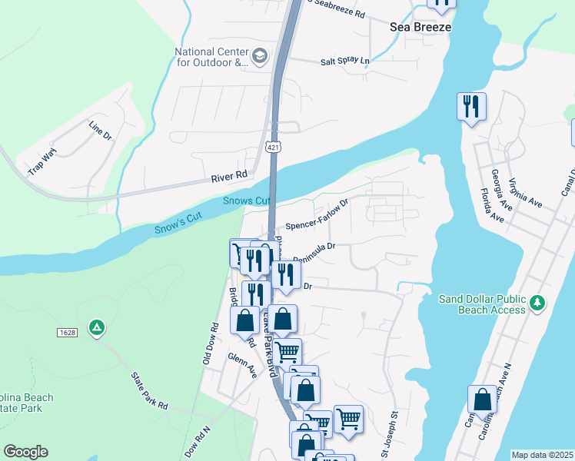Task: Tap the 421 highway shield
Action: [x=274, y=146]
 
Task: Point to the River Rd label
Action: [x=229, y=176]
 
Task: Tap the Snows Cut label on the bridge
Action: [x=247, y=201]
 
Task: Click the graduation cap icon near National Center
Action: [x=260, y=55]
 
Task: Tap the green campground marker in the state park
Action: [x=97, y=328]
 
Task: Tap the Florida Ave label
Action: [x=491, y=205]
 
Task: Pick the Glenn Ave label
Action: [x=242, y=365]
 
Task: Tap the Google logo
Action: [x=25, y=452]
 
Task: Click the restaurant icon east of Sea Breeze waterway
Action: [x=471, y=107]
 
